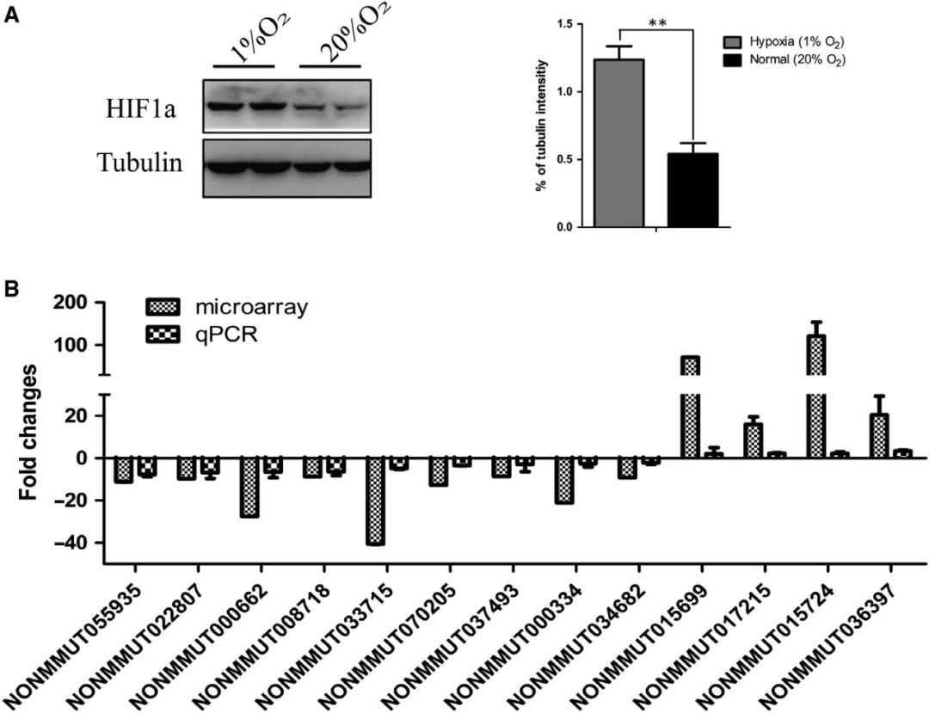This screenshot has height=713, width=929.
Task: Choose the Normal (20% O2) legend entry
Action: pos(778,59)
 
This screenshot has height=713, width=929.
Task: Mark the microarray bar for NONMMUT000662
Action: pos(249,487)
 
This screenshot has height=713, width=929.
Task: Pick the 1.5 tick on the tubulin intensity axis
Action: pos(563,24)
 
